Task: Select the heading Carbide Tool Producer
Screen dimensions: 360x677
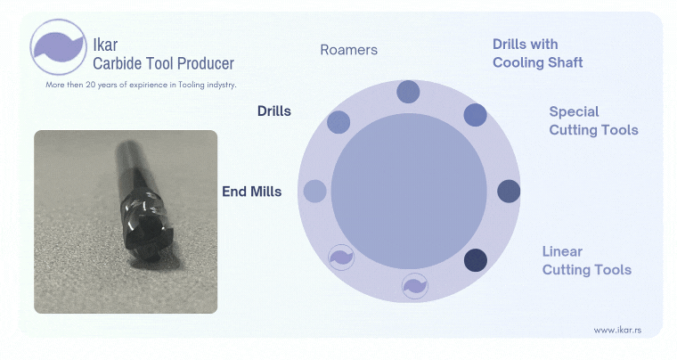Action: tap(164, 63)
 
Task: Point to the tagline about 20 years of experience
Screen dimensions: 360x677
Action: tap(141, 84)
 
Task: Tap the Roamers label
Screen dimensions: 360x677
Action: tap(348, 50)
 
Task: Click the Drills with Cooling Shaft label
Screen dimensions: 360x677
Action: tap(537, 53)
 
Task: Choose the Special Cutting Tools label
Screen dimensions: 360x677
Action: tap(593, 120)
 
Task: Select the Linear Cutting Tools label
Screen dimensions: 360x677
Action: tap(586, 260)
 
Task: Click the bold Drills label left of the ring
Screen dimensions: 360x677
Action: tap(274, 111)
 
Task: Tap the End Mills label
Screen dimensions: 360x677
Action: tap(251, 191)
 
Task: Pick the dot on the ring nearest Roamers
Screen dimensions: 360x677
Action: tap(408, 91)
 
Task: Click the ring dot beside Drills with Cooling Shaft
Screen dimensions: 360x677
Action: tap(476, 115)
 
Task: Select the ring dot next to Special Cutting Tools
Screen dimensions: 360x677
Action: tap(509, 191)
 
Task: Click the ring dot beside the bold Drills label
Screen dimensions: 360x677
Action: tap(338, 123)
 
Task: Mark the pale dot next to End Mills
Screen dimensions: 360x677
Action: tap(315, 191)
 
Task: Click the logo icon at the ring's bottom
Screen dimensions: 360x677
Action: tap(414, 286)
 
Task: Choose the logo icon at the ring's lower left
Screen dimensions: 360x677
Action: tap(341, 258)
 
